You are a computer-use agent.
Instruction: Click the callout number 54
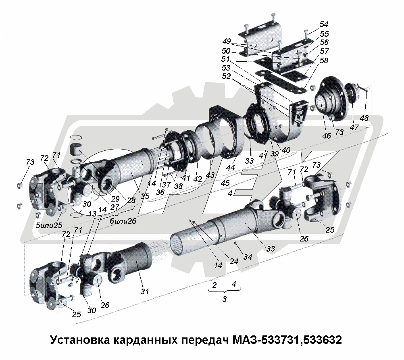pyautogui.click(x=324, y=24)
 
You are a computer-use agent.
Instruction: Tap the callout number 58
pyautogui.click(x=324, y=60)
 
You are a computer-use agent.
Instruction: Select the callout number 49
pyautogui.click(x=227, y=41)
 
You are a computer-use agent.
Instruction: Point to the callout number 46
pyautogui.click(x=327, y=136)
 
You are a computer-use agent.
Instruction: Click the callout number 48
pyautogui.click(x=364, y=118)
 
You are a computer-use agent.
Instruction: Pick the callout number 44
pyautogui.click(x=230, y=167)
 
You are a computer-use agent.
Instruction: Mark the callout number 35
pyautogui.click(x=145, y=196)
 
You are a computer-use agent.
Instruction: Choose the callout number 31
pyautogui.click(x=145, y=291)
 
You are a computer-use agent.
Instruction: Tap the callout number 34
pyautogui.click(x=248, y=257)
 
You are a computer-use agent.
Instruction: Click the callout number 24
pyautogui.click(x=234, y=261)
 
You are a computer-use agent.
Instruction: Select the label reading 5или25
pyautogui.click(x=49, y=225)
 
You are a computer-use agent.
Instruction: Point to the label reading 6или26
pyautogui.click(x=123, y=221)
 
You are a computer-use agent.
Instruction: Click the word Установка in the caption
pyautogui.click(x=81, y=340)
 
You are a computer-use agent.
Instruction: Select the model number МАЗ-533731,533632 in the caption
pyautogui.click(x=287, y=340)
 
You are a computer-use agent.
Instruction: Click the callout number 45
pyautogui.click(x=225, y=183)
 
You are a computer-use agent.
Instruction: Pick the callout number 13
pyautogui.click(x=92, y=214)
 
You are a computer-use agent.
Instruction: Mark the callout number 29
pyautogui.click(x=115, y=199)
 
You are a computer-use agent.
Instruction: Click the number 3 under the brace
pyautogui.click(x=225, y=299)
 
